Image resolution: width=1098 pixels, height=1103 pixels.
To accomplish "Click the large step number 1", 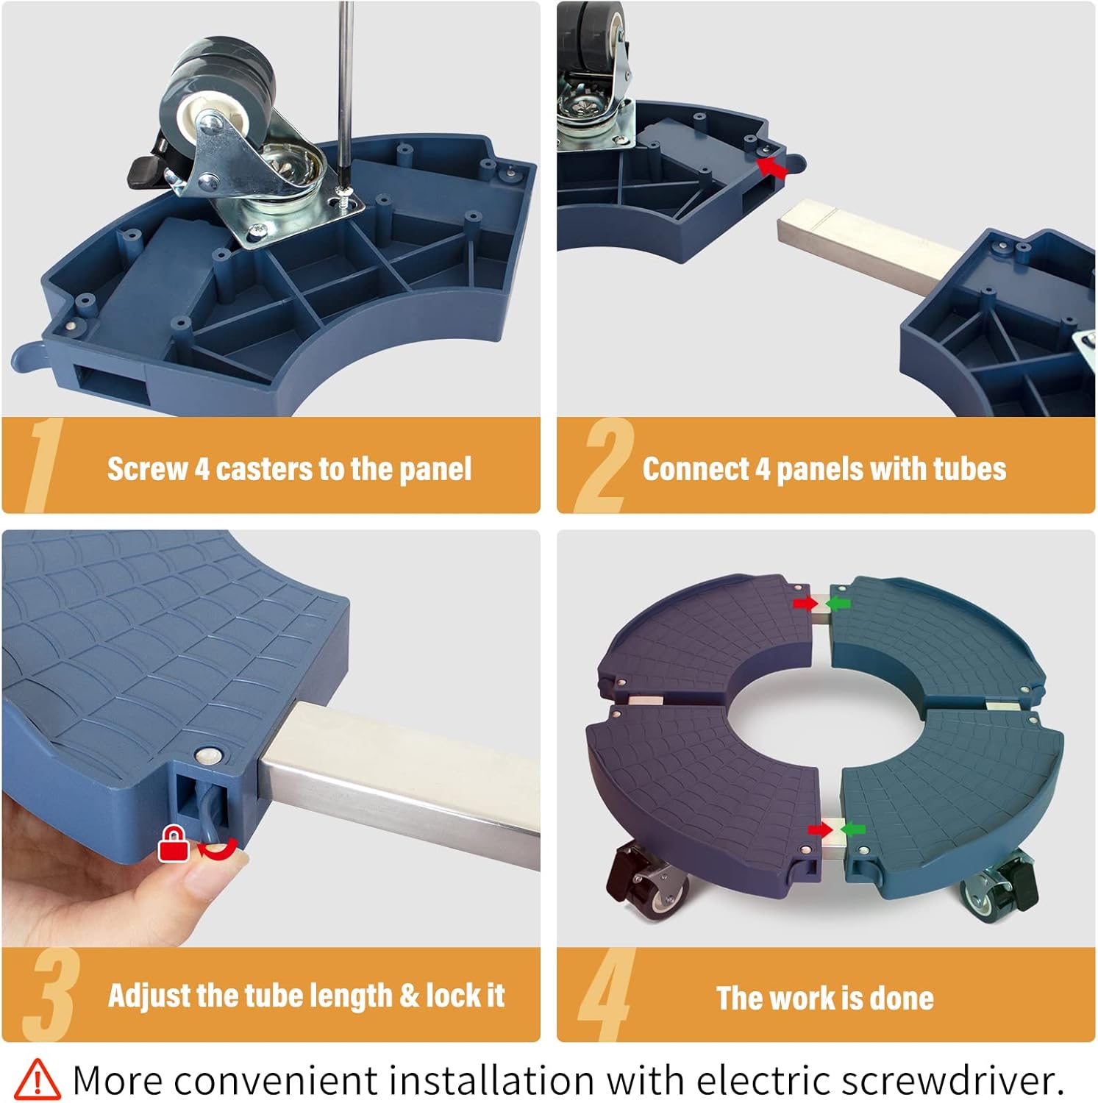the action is (x=44, y=465).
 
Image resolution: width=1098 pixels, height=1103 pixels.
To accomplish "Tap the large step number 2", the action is (x=604, y=465).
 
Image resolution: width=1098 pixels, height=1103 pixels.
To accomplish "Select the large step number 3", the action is (x=51, y=993).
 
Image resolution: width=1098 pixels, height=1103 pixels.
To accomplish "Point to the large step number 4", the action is (x=607, y=993).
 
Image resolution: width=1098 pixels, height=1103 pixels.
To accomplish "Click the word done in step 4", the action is (x=902, y=998).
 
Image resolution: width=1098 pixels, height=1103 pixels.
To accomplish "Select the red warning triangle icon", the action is (x=38, y=1079).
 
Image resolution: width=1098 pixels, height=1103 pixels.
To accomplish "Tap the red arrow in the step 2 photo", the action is (x=772, y=168).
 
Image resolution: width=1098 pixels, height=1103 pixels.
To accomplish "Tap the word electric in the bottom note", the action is (x=764, y=1079).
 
